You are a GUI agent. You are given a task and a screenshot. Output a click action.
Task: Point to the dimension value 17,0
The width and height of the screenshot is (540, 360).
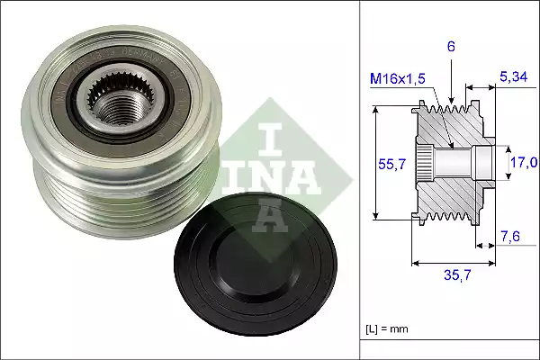coord(524,163)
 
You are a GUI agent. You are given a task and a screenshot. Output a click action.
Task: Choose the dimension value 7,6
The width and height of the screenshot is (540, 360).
coord(509,236)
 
